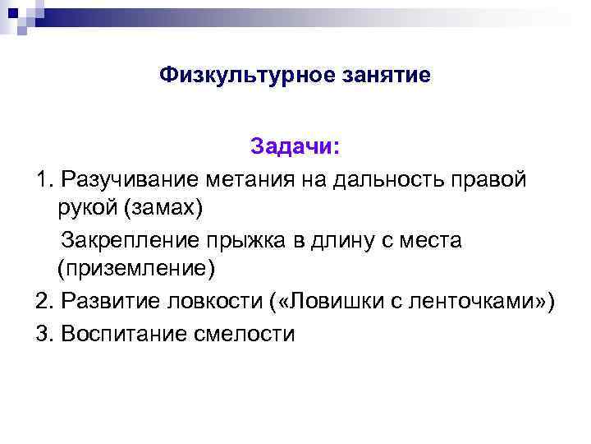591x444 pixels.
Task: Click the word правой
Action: [492, 178]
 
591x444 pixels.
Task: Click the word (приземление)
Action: [136, 269]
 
